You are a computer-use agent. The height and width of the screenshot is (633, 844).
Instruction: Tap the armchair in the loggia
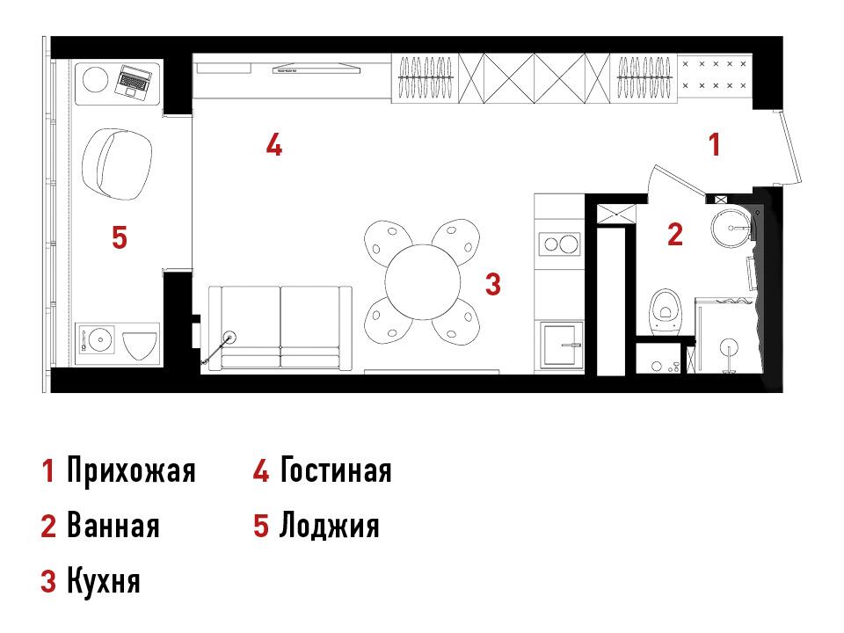coord(117,164)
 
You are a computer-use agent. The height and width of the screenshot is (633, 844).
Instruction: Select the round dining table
coord(423,282)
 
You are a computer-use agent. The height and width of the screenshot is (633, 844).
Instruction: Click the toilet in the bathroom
coord(666,310)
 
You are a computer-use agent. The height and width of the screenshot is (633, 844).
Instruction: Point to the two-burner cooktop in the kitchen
coord(560,244)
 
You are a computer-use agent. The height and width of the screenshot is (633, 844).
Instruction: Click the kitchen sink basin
coord(562,344)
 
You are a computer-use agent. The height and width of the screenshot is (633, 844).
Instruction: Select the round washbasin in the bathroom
coord(731,228)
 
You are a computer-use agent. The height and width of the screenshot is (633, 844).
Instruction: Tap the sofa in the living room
coord(280,328)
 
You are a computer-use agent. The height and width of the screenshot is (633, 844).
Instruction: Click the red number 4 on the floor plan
coord(274,145)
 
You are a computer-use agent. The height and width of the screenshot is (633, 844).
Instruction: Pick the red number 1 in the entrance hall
coord(714,145)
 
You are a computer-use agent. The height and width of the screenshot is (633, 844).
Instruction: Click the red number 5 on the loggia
coord(120,237)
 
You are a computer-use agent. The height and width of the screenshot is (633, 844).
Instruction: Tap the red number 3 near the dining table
coord(493,284)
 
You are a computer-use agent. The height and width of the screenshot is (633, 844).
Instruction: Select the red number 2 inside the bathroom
coord(675,234)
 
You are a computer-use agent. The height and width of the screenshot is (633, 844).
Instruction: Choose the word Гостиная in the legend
coord(336,469)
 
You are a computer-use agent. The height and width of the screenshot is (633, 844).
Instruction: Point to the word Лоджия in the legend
coord(330,526)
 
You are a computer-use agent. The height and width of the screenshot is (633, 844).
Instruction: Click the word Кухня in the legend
coord(104,581)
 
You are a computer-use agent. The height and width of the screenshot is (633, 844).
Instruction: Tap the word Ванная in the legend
coord(113,526)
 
